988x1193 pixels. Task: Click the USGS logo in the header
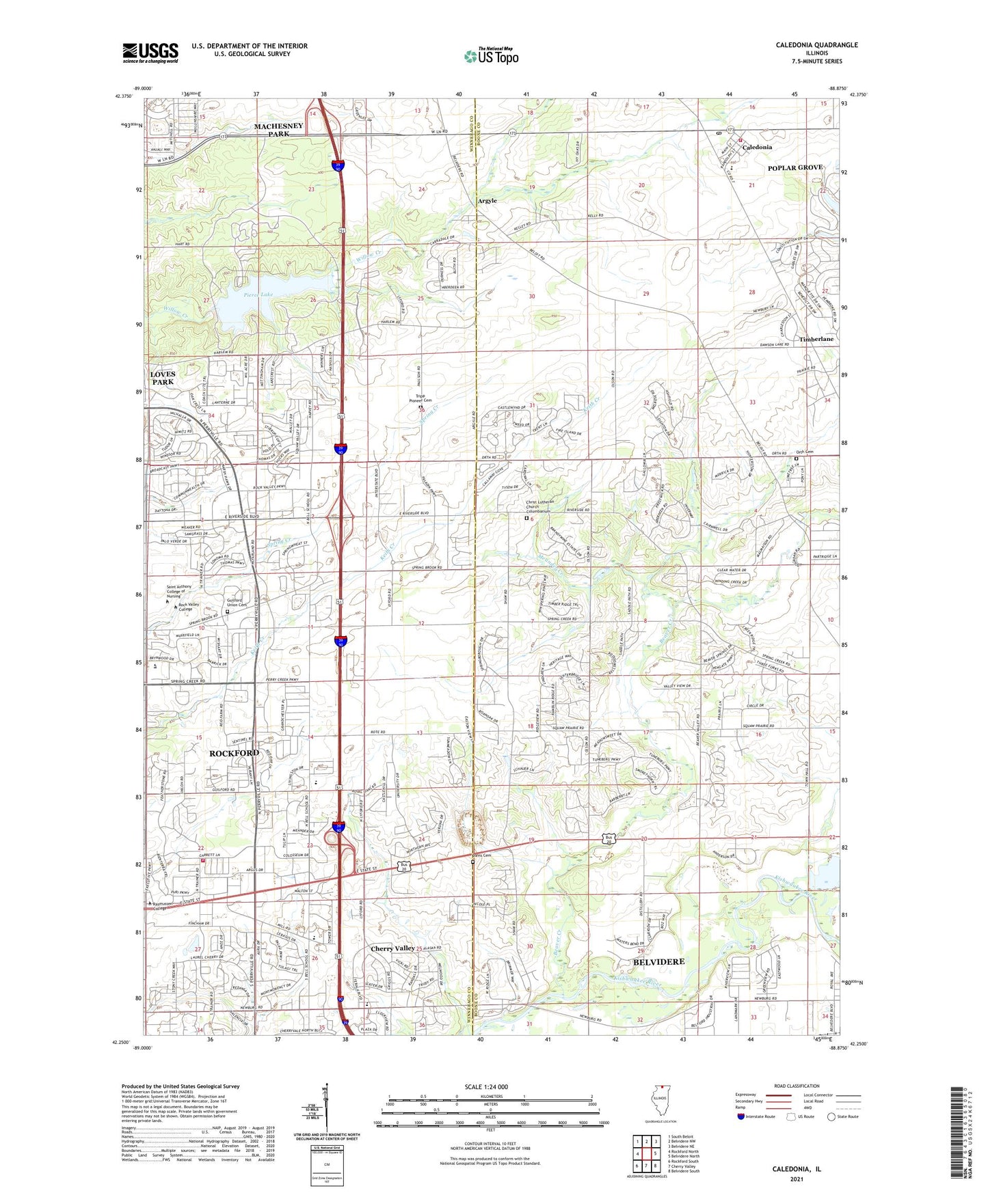coord(150,53)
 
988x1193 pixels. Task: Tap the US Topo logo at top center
coord(490,55)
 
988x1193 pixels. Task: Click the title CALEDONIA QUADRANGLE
coord(816,45)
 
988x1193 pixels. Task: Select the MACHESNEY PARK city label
coord(281,130)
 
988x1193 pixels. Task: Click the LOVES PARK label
coord(163,378)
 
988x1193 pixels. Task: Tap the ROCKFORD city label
coord(234,753)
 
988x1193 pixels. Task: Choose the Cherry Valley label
coord(392,948)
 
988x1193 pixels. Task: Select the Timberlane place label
coord(816,339)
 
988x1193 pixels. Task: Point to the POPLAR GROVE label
coord(795,167)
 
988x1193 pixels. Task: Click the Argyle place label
coord(487,201)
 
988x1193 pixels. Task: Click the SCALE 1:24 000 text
coord(486,1086)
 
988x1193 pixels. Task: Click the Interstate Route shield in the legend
coord(741,1116)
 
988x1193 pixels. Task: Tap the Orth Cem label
coord(805,452)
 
